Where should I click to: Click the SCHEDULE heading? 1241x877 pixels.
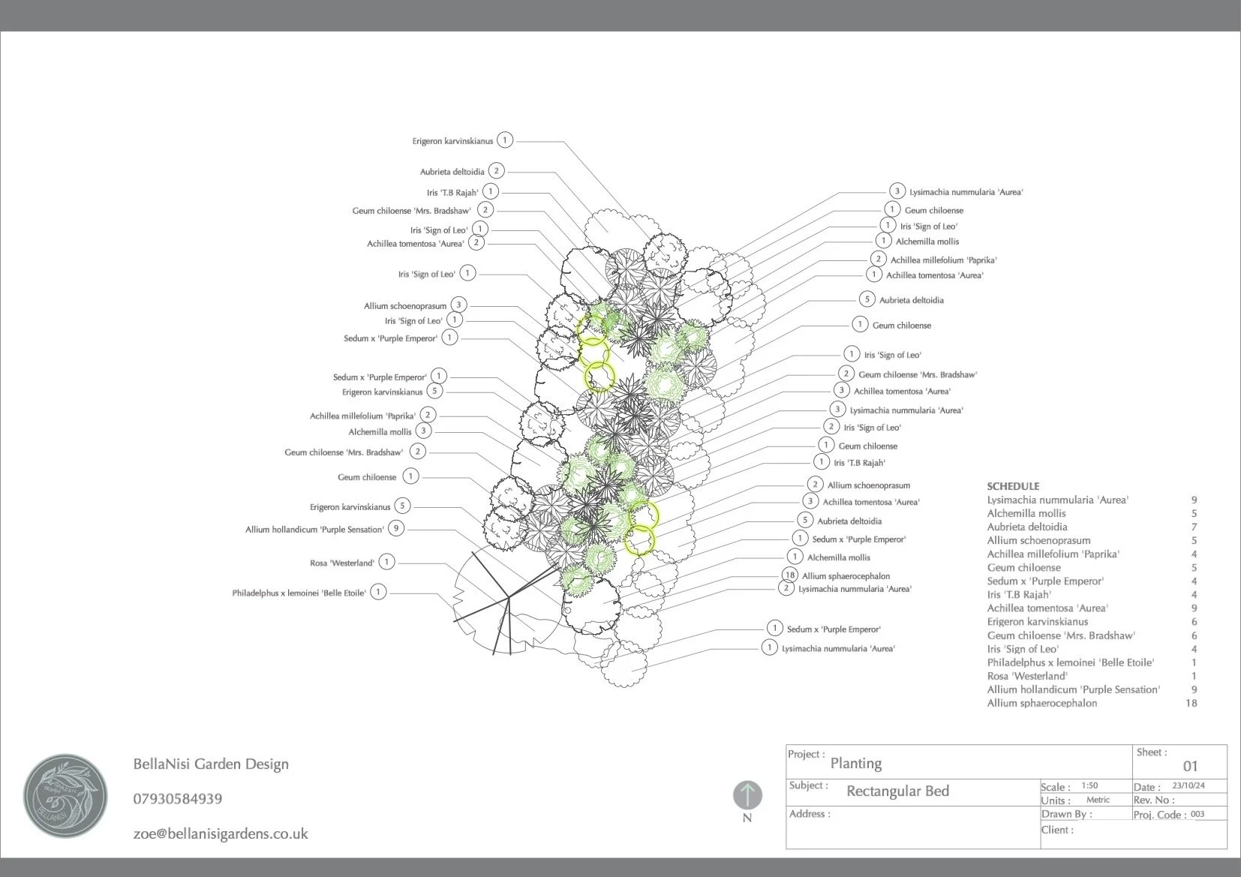[x=1013, y=486]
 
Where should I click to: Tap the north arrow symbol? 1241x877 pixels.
[x=747, y=796]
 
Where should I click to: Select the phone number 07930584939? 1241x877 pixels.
[x=177, y=799]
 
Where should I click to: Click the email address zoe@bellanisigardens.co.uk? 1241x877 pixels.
[x=221, y=833]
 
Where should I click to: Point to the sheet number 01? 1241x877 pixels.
[x=1190, y=766]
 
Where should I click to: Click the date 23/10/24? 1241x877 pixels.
[x=1188, y=786]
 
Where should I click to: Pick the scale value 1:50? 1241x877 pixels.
[x=1089, y=786]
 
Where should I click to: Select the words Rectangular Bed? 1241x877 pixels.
[x=897, y=791]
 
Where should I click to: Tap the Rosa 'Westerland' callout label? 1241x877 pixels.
[x=341, y=563]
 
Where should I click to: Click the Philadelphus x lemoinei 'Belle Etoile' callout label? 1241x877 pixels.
[x=299, y=593]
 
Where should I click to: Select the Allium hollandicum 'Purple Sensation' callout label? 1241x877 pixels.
[x=314, y=530]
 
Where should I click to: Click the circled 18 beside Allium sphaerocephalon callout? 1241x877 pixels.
[x=789, y=575]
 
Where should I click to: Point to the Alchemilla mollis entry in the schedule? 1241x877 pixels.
[x=1026, y=513]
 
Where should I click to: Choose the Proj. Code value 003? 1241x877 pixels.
[x=1197, y=814]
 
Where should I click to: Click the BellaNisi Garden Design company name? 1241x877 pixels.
[x=211, y=764]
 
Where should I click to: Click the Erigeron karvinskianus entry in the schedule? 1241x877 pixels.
[x=1038, y=621]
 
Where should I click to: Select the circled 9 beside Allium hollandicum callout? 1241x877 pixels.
[x=396, y=528]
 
